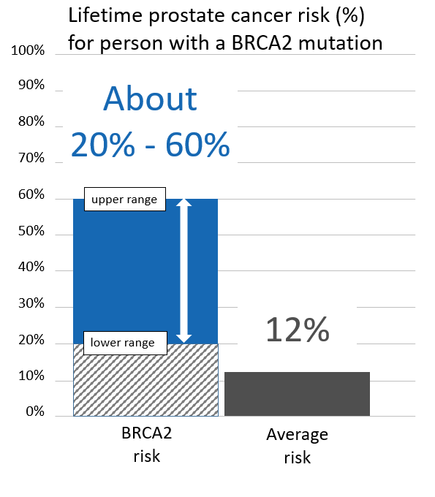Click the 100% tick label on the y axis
coord(29,51)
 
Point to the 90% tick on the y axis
coord(31,87)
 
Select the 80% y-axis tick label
coord(31,123)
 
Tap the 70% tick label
coord(31,159)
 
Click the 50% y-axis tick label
coord(31,232)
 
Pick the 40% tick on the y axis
coord(31,268)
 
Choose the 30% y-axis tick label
coord(31,305)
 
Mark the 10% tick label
coord(31,378)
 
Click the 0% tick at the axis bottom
coord(34,413)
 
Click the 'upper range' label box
coord(124,200)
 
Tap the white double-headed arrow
coord(184,270)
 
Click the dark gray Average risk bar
coord(297,394)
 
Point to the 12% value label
coord(297,330)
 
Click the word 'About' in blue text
coord(150,99)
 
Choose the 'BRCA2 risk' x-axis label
coord(146,444)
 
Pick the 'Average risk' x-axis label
coord(297,446)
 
